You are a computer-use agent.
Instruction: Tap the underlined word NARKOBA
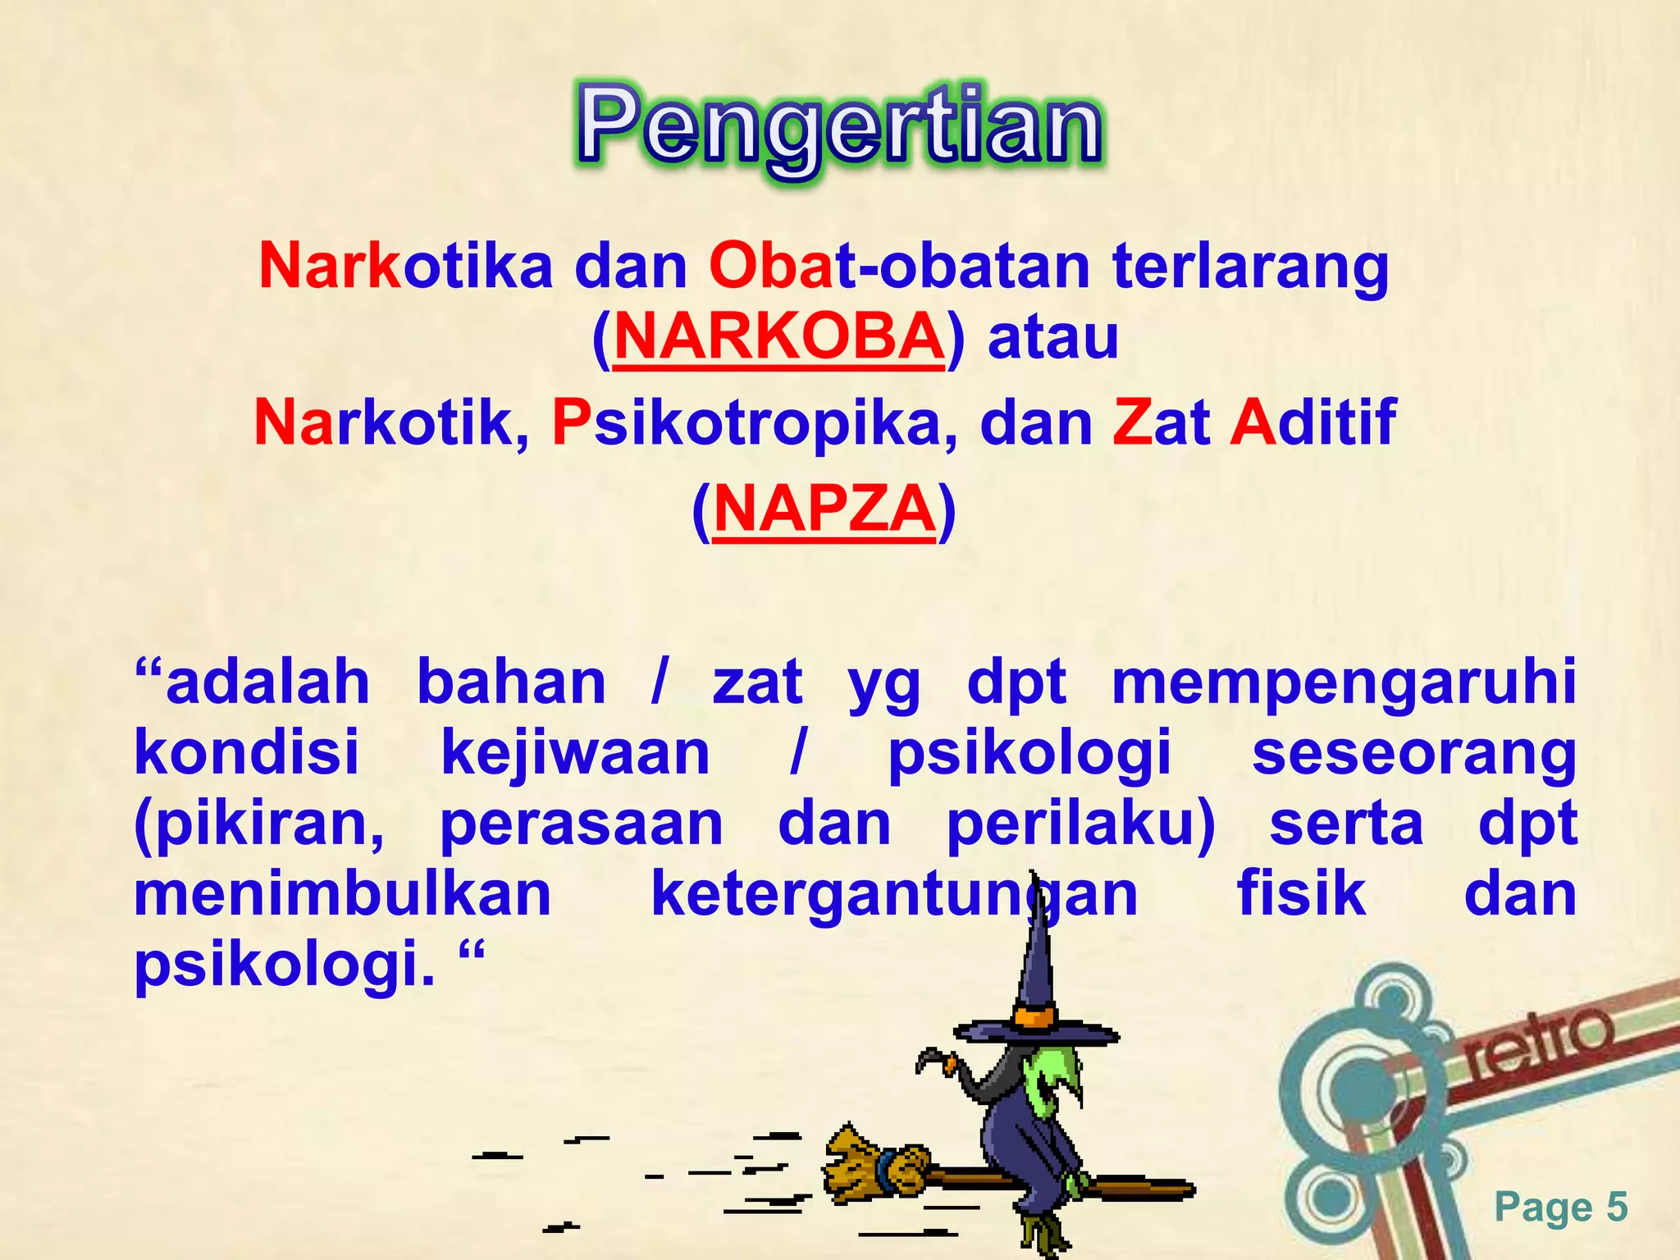[x=778, y=337]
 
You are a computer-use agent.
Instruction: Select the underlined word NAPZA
[x=824, y=509]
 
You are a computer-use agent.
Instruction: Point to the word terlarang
[x=1250, y=267]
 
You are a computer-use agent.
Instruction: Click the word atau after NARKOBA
[x=1053, y=337]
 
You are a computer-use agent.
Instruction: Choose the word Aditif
[x=1312, y=422]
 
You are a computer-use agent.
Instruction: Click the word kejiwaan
[x=575, y=753]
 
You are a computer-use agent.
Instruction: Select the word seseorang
[x=1413, y=753]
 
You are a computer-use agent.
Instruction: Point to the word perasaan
[x=582, y=824]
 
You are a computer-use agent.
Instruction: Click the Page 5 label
[x=1560, y=1207]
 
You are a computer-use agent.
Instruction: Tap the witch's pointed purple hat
[x=1037, y=984]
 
